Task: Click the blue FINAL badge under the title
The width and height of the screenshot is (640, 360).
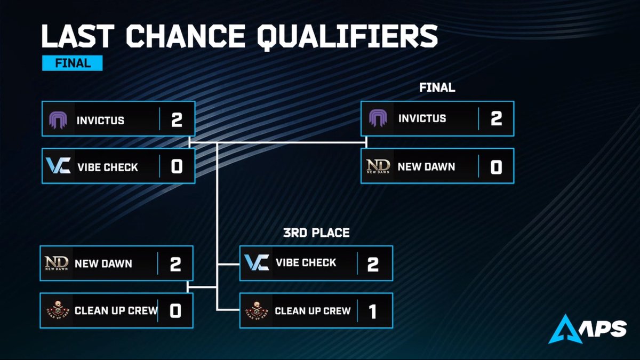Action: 72,63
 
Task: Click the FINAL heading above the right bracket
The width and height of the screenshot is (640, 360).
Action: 437,87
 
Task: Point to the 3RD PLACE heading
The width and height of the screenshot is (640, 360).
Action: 317,233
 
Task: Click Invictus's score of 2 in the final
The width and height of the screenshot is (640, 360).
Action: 496,118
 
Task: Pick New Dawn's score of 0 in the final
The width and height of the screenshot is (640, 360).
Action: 496,166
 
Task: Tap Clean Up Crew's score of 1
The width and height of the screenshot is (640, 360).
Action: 373,311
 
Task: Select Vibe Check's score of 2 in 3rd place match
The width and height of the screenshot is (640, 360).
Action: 373,263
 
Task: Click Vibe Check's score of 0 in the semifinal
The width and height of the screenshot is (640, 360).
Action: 177,166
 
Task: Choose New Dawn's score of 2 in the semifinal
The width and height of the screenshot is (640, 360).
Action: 175,263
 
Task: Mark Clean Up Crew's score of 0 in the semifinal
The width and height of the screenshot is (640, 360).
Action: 175,310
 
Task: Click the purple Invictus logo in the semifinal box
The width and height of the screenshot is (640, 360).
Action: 58,119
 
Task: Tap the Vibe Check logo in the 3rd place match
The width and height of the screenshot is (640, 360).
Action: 257,262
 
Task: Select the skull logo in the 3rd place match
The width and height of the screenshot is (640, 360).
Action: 257,310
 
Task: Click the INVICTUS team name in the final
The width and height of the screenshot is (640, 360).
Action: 422,118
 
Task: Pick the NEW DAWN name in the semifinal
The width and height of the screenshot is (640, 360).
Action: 103,263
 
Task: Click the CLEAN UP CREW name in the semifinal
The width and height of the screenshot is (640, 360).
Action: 116,310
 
